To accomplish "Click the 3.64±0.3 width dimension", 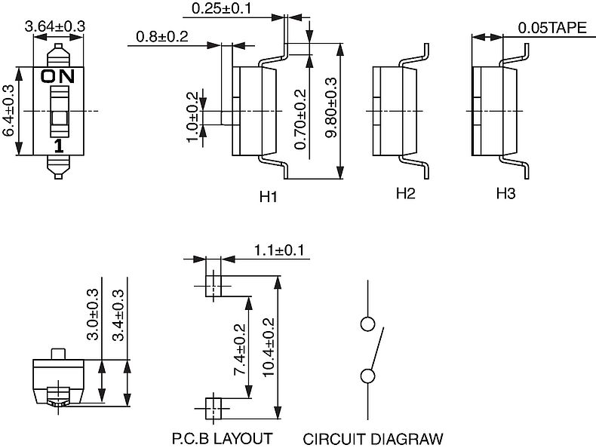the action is (55, 26).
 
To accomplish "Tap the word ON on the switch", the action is (58, 76).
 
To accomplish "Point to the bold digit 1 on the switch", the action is (58, 146).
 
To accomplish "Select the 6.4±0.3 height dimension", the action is (8, 110).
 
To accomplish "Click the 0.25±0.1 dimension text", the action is (221, 8).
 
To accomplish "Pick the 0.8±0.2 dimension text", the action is (162, 36).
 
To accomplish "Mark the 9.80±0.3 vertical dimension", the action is (331, 107).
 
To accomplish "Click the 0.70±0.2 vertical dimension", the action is (300, 119).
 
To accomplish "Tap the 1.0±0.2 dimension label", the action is (192, 117).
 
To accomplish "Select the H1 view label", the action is (269, 197).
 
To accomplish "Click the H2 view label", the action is (406, 193).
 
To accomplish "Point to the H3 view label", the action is (506, 193).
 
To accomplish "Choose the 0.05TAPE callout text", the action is (552, 28).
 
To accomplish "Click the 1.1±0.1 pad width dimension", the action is (279, 250).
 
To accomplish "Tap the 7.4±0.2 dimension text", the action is (240, 350).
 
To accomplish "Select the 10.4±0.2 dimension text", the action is (268, 347).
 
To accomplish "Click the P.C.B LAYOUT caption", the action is (223, 438).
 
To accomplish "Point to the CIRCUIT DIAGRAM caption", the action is (373, 439).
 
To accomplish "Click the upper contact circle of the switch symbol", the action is (367, 324).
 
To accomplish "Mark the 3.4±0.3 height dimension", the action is (118, 315).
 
